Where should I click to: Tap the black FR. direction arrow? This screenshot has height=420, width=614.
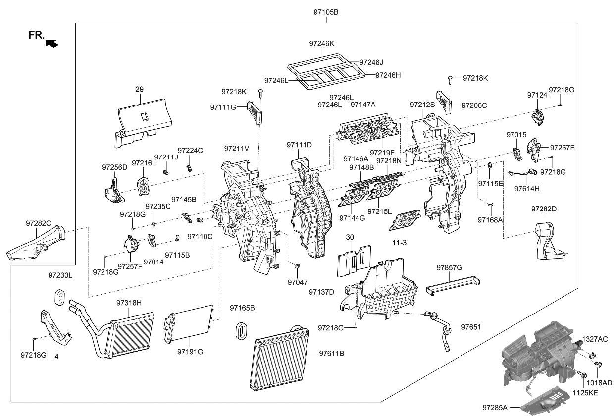pos(51,44)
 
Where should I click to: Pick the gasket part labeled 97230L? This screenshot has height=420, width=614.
pos(60,296)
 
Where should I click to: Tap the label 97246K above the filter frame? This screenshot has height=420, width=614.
pos(322,44)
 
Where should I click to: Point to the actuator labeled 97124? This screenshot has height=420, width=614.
pos(538,117)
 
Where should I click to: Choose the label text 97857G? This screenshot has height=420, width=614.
pos(449,267)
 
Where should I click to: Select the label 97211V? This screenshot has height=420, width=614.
pos(236,148)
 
